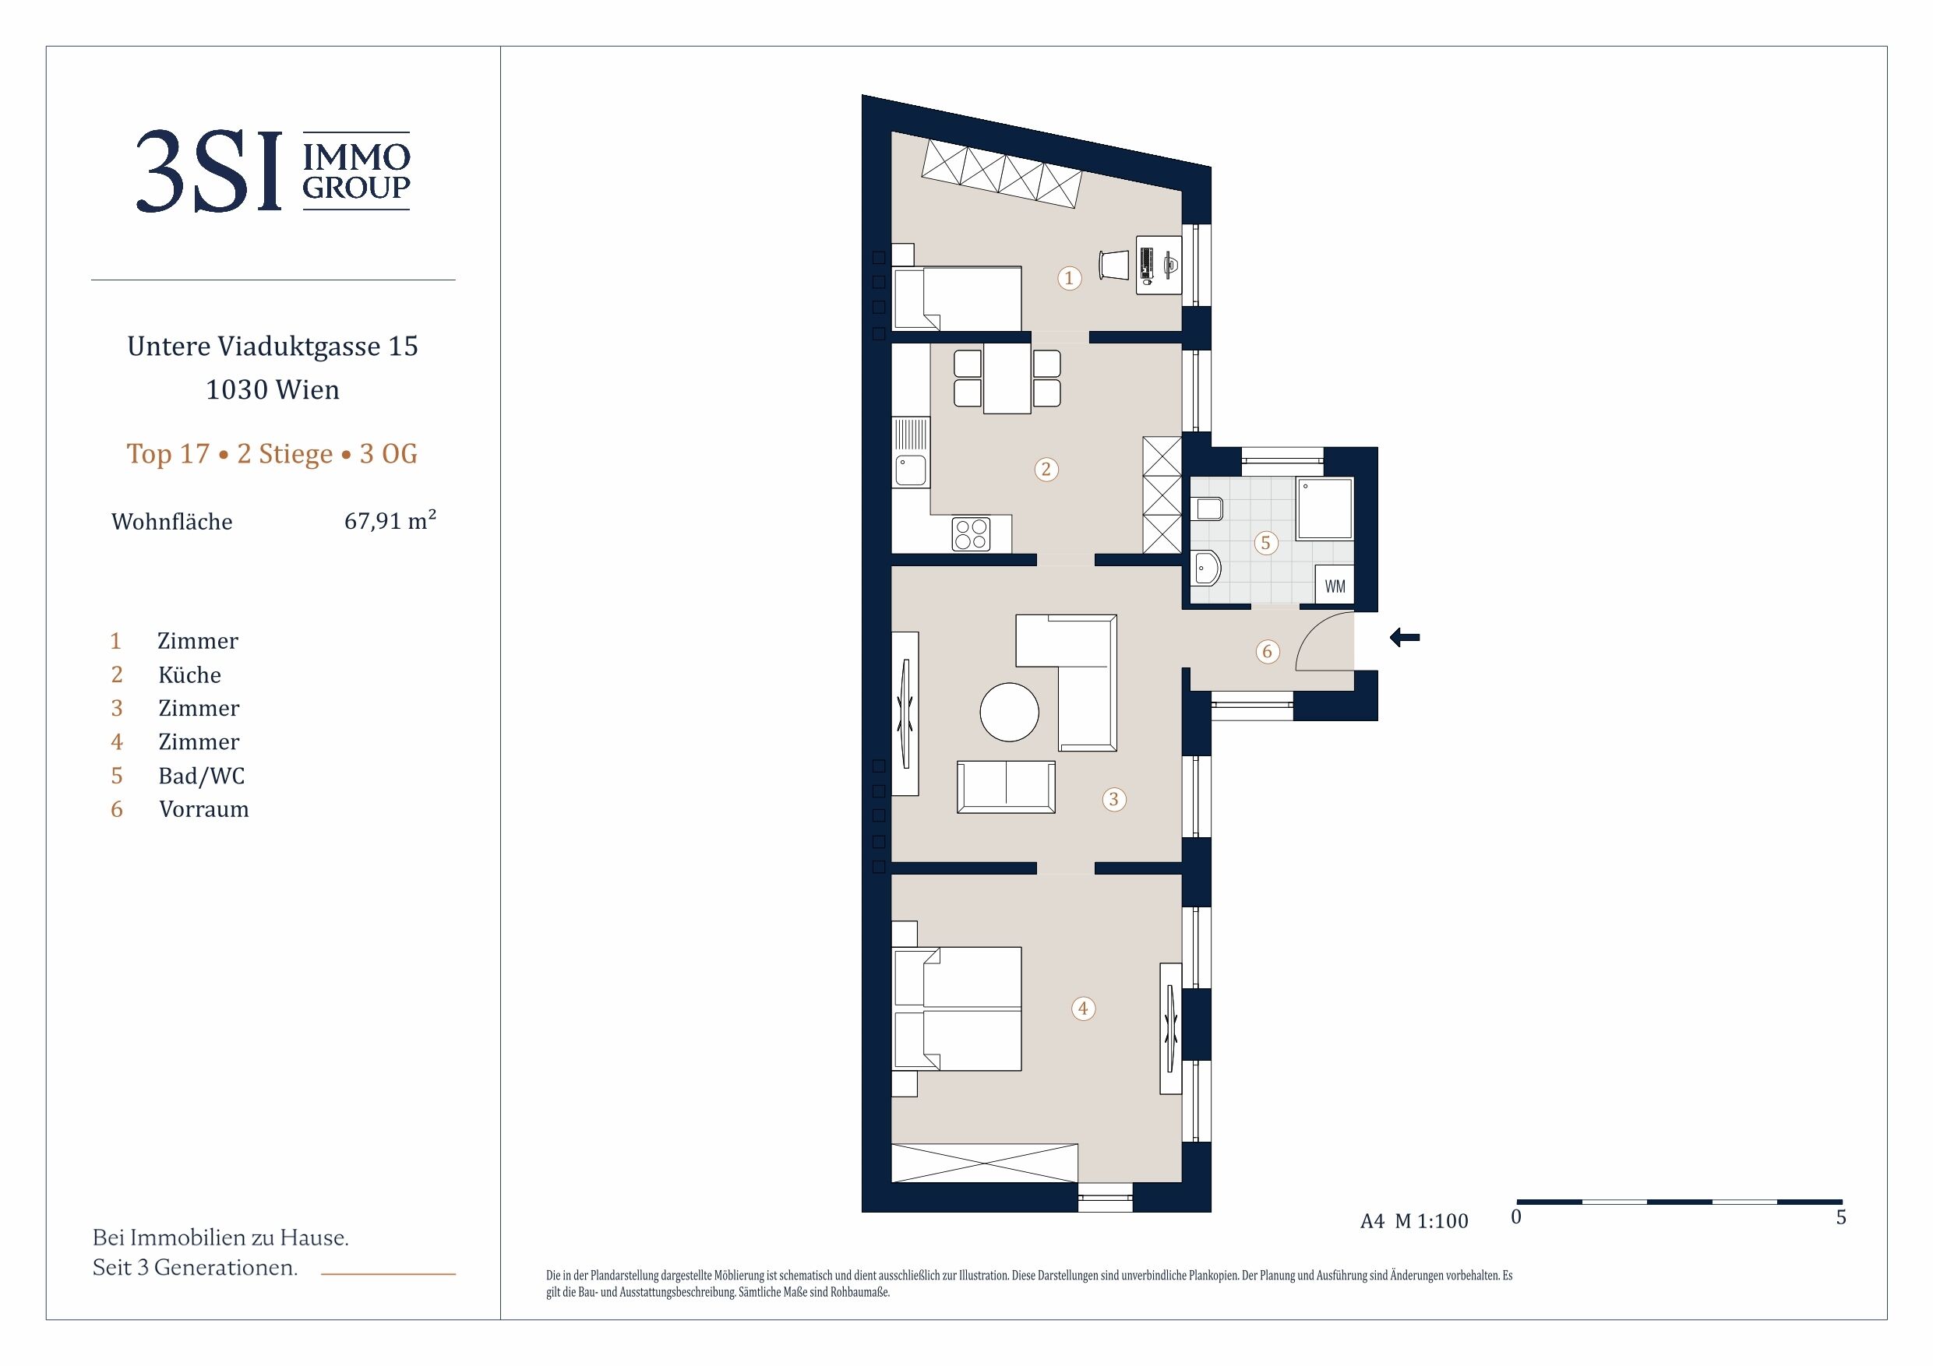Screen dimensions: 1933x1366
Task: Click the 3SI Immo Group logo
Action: click(273, 171)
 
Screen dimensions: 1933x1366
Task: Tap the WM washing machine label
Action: click(1335, 586)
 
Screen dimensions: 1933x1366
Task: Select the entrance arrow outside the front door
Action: click(1404, 637)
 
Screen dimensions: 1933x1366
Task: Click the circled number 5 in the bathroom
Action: click(1265, 543)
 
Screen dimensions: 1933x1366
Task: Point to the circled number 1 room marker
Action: click(1069, 278)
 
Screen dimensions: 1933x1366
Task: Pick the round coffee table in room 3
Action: click(1010, 712)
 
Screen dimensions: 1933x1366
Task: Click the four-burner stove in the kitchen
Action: click(971, 533)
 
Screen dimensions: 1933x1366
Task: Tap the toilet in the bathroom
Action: click(1208, 509)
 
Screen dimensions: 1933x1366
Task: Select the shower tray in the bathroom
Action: click(1325, 509)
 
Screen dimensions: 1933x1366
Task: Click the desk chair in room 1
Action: click(1113, 264)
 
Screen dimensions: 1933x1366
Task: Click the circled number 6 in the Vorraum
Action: click(1267, 651)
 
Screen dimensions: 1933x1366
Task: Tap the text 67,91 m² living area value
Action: click(390, 520)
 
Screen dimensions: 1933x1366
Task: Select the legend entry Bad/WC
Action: click(202, 775)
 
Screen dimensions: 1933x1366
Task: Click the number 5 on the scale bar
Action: click(1841, 1217)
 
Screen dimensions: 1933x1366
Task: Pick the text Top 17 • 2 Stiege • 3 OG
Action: click(272, 454)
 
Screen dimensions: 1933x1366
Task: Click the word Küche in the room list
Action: click(189, 674)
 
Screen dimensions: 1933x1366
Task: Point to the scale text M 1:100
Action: click(1431, 1220)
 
